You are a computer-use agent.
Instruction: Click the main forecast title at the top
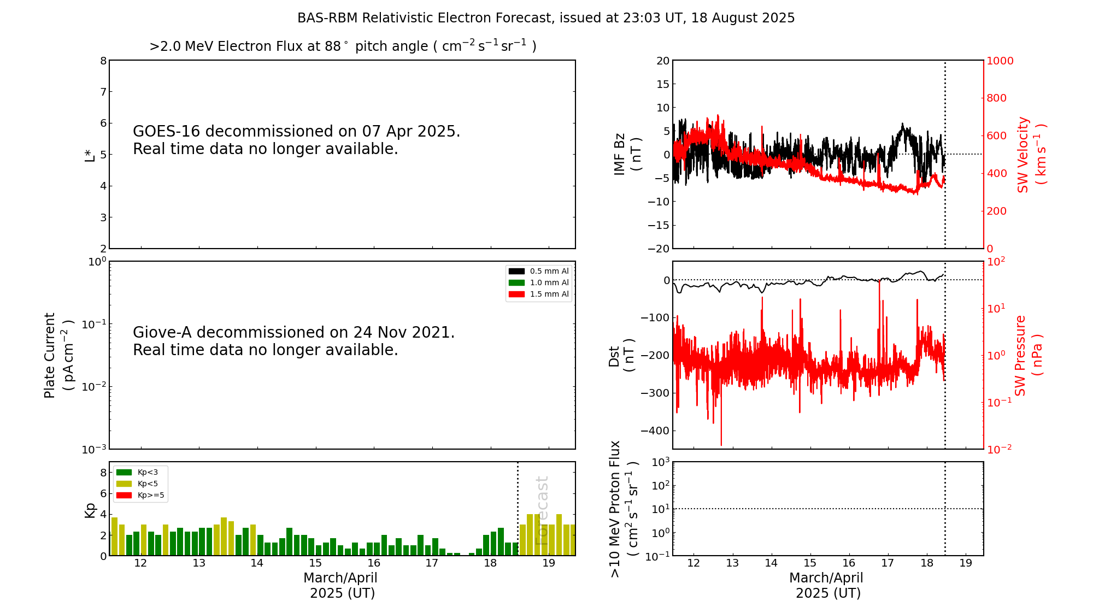tap(546, 18)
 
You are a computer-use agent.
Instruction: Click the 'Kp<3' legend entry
tap(148, 472)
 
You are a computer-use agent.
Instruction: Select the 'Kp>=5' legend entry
tap(150, 496)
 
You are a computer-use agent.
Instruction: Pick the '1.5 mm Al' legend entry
tap(549, 294)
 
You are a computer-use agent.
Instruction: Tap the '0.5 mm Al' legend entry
tap(549, 271)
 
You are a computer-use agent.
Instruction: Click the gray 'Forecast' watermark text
tap(542, 510)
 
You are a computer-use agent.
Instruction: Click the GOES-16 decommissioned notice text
tap(296, 140)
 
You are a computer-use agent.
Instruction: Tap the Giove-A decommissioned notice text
tap(293, 341)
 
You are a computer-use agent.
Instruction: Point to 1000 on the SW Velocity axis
tap(1000, 61)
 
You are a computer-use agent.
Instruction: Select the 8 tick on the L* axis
tap(103, 61)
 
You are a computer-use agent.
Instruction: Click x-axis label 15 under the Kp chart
tap(315, 563)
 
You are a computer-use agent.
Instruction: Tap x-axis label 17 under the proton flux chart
tap(888, 563)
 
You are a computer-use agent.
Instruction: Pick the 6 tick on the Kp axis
tap(103, 493)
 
